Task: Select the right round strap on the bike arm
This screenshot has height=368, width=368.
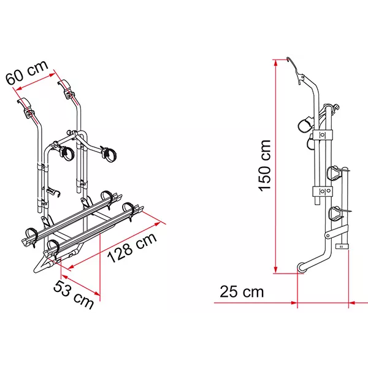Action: [111, 150]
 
